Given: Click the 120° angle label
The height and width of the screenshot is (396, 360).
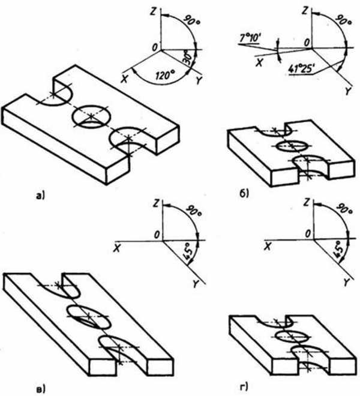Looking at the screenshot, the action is point(165,75).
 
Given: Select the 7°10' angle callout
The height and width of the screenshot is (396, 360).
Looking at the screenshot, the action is point(250,38).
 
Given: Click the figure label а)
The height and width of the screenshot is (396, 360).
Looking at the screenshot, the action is point(40,196).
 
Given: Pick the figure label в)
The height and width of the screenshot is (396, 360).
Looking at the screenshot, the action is point(41,388).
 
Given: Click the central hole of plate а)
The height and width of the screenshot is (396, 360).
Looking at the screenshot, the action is point(91,116).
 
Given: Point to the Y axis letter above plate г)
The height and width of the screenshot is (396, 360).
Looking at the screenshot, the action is point(346,283).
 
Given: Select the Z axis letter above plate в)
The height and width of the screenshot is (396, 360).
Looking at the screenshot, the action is point(157,203).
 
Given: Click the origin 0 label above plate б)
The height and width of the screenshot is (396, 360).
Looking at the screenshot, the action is point(307,43).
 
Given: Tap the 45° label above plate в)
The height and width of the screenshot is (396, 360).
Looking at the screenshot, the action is point(189,251).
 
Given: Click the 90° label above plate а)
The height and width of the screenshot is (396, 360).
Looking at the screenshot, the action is point(192,20).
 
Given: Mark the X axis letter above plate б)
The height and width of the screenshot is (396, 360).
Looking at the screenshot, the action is point(259,62).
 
